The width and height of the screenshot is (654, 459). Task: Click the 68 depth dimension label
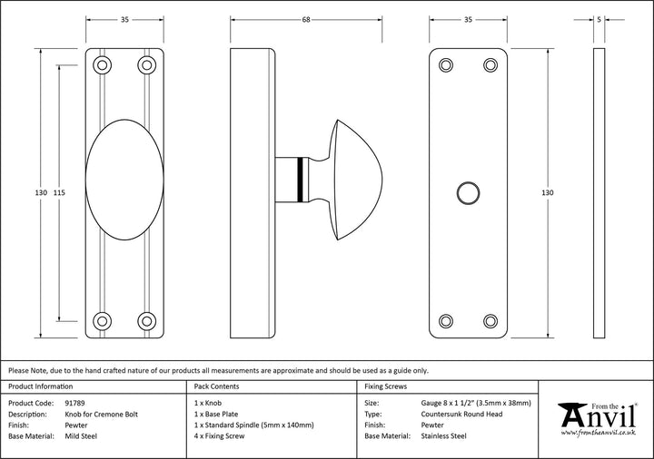[305, 18]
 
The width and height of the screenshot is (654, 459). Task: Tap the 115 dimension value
[59, 192]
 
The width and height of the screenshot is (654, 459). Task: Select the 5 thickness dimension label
[599, 18]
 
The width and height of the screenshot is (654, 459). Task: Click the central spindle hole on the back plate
[467, 192]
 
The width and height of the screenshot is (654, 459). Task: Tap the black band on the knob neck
[301, 180]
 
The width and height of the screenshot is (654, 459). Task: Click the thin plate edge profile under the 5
[599, 192]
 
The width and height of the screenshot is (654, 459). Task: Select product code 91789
[78, 401]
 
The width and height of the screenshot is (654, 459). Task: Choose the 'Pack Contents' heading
[218, 386]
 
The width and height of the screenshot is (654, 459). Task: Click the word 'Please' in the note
[20, 370]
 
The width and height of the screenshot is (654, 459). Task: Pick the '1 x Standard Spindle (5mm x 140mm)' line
[254, 425]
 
